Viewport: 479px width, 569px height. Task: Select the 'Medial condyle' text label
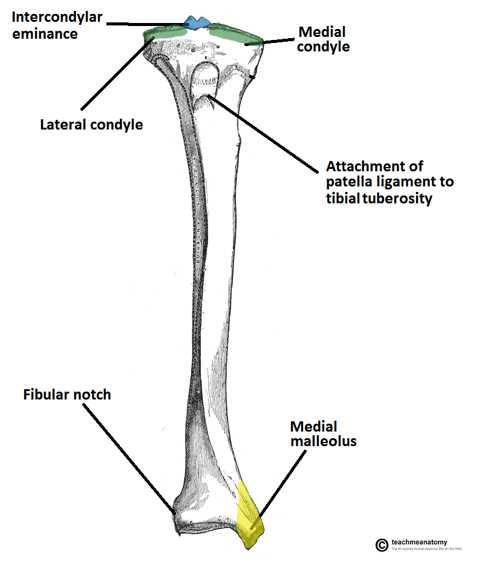[x=324, y=38]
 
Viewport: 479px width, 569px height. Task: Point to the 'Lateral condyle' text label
[x=91, y=125]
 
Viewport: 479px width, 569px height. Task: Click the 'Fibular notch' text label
[x=67, y=395]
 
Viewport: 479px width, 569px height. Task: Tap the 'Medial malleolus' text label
[x=323, y=433]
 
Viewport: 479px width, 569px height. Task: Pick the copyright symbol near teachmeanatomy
[x=382, y=545]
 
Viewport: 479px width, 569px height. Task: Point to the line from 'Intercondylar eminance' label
[x=145, y=24]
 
